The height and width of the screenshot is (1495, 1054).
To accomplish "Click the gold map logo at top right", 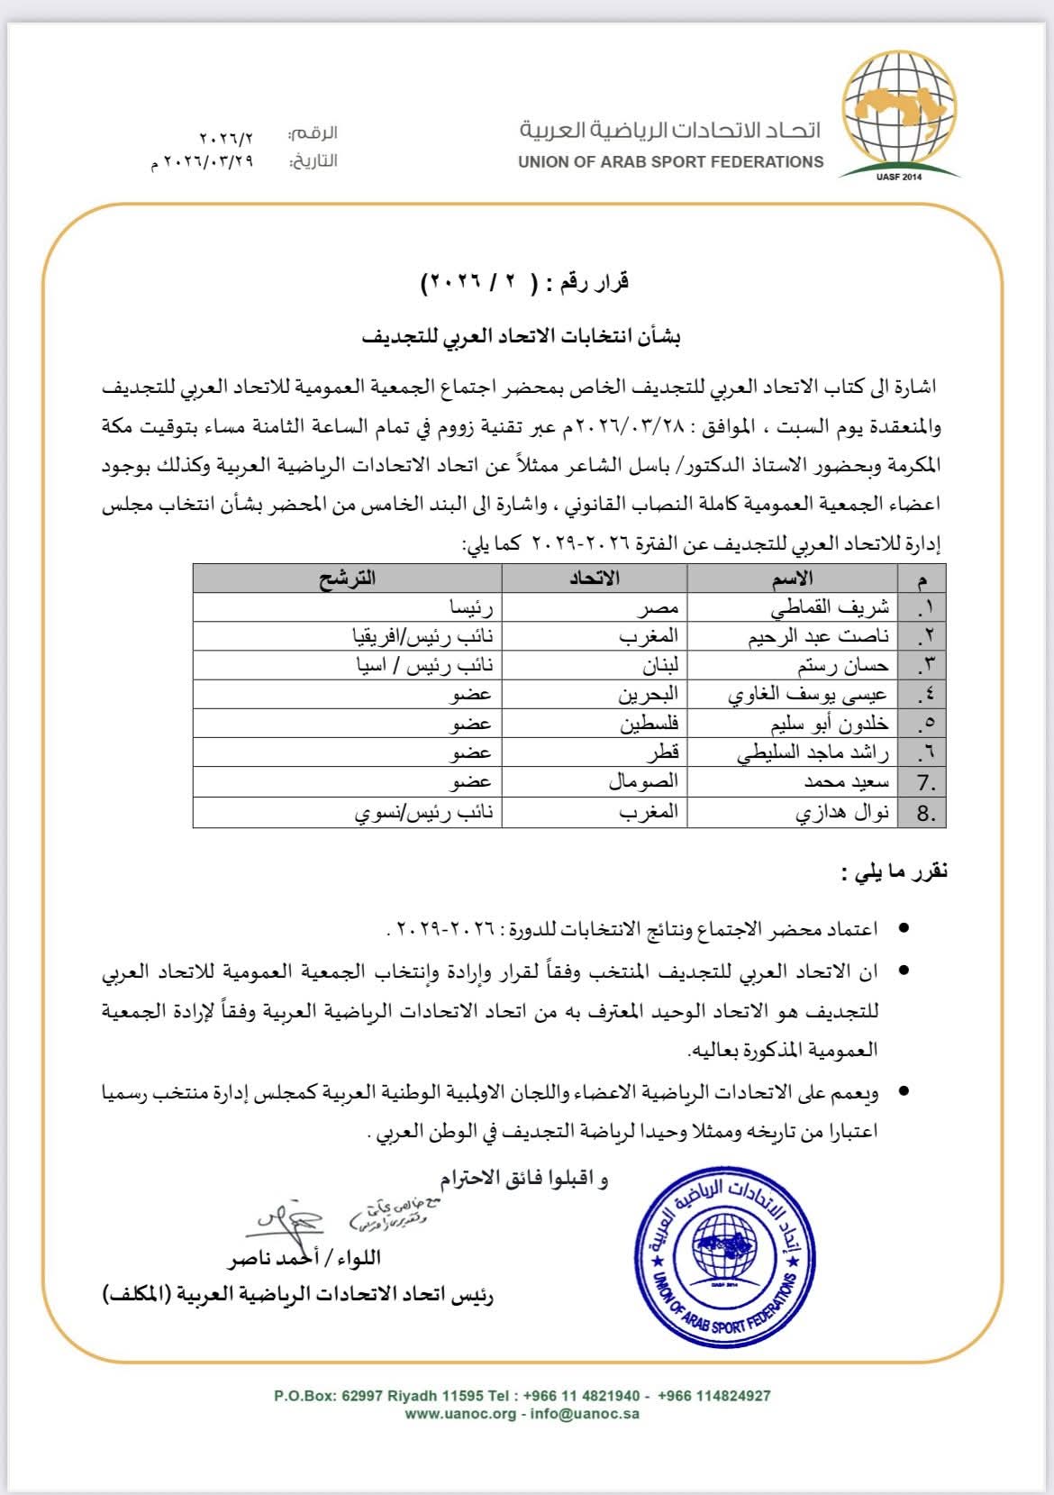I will point(898,114).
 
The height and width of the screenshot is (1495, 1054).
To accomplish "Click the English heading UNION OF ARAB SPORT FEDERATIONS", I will point(670,162).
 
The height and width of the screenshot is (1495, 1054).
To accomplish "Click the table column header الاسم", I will point(792,578).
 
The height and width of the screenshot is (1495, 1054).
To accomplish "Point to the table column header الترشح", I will point(347,578).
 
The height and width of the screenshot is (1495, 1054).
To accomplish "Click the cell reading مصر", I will point(657,607).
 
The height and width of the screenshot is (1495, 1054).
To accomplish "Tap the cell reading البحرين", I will point(647,695).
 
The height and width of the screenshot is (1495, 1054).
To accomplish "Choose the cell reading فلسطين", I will point(649,724).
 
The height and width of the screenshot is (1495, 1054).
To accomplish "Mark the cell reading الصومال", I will point(642,782).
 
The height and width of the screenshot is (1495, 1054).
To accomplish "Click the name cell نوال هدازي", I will point(841,812).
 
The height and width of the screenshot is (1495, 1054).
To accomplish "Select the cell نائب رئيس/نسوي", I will point(423,812).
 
